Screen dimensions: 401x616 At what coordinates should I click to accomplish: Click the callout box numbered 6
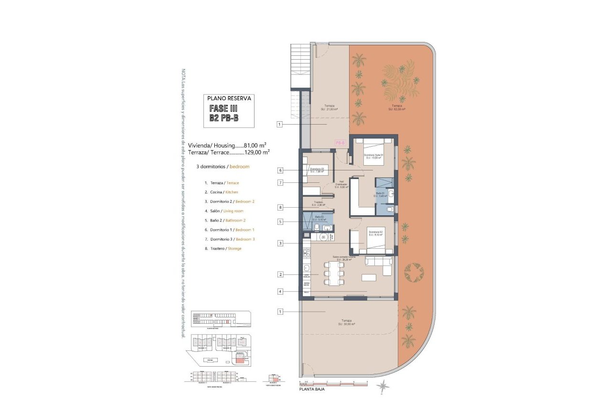[x=280, y=170]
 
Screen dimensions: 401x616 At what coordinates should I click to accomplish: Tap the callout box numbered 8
[x=280, y=207]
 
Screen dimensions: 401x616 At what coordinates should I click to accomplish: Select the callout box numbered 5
[x=280, y=222]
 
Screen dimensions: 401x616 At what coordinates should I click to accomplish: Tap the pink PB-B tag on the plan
[x=340, y=143]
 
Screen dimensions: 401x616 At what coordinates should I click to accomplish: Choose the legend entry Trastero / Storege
[x=225, y=248]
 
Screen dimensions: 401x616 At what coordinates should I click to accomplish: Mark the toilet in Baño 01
[x=390, y=209]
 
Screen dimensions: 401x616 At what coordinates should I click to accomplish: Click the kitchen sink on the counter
[x=307, y=268]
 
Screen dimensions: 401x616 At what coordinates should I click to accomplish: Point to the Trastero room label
[x=319, y=203]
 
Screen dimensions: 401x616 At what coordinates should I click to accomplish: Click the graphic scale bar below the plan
[x=333, y=382]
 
